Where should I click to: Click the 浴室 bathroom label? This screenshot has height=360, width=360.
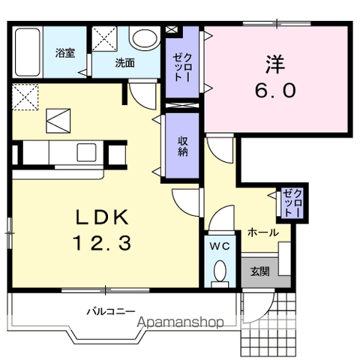click(65, 53)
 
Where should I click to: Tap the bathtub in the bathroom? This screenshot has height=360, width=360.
click(28, 52)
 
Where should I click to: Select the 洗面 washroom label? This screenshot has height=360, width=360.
click(125, 63)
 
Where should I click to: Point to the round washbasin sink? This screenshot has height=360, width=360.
click(145, 39)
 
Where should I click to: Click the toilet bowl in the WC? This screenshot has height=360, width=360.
click(220, 270)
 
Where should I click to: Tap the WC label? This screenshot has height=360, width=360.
click(220, 247)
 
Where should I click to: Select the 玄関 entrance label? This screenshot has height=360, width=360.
click(260, 271)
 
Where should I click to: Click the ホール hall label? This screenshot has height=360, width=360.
click(263, 232)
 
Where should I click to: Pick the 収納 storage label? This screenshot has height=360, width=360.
click(183, 146)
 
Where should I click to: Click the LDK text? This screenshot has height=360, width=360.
click(103, 217)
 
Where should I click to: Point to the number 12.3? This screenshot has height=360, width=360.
click(102, 243)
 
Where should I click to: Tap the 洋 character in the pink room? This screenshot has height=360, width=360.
click(275, 64)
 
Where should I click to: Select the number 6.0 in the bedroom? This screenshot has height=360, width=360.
click(275, 90)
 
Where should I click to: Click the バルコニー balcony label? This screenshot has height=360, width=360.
click(111, 311)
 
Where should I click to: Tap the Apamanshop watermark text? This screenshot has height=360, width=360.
click(180, 322)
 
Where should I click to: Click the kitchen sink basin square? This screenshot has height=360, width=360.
click(86, 152)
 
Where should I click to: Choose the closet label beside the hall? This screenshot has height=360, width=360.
click(292, 202)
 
